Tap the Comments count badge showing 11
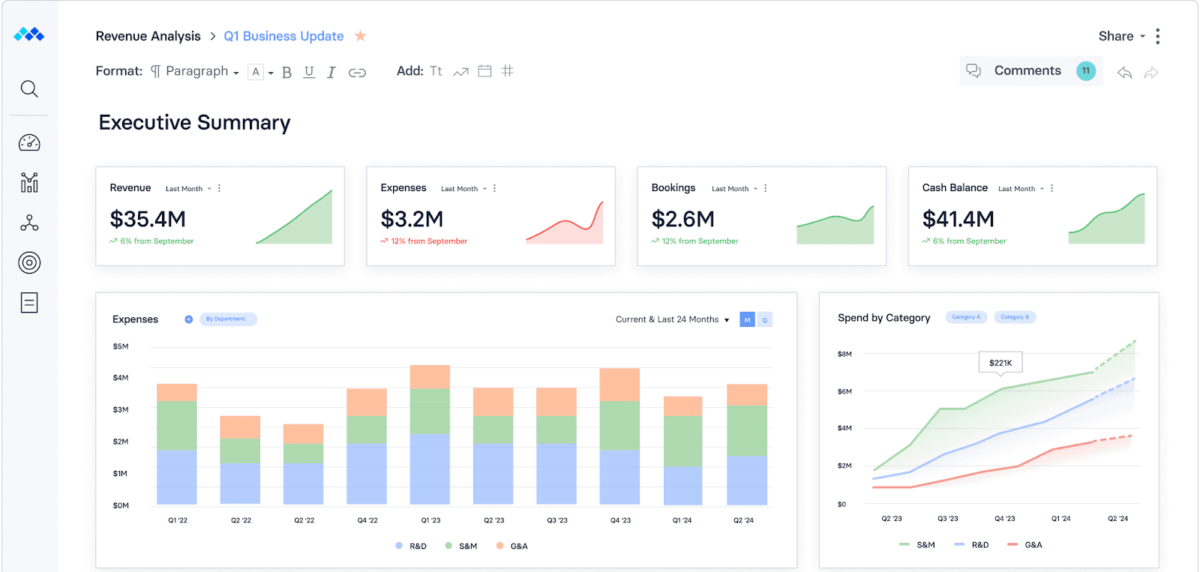tap(1085, 70)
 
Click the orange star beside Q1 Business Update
tap(360, 36)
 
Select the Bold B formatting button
tap(286, 73)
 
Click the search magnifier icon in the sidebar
tap(29, 89)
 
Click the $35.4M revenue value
tap(148, 219)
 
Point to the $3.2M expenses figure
tap(412, 219)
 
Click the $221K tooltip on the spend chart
tap(1000, 363)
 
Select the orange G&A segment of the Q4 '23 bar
tap(619, 385)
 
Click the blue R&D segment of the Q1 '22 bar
tap(177, 477)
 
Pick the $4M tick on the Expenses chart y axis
tap(121, 378)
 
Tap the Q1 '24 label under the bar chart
tap(682, 520)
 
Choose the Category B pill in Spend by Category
tap(1015, 317)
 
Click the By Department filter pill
tap(227, 319)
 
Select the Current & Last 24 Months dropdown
tap(672, 319)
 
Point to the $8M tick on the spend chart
tap(844, 354)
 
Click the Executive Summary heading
tap(194, 122)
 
